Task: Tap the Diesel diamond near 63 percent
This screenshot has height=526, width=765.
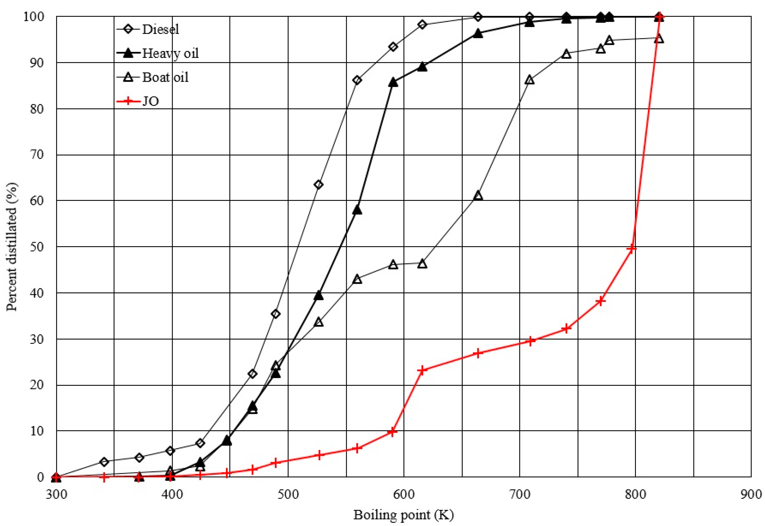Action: [318, 185]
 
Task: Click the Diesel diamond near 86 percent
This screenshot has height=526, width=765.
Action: [357, 80]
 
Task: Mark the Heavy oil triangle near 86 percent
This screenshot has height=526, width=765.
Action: [393, 83]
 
